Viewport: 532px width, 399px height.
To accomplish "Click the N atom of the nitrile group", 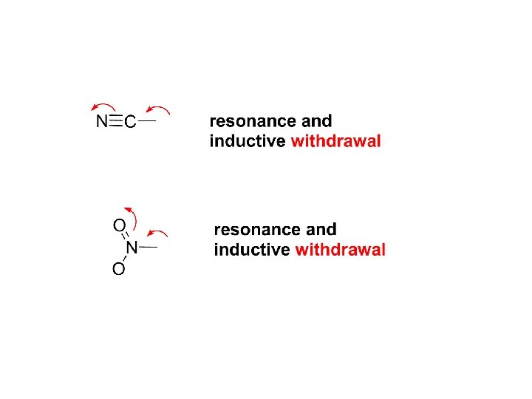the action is pyautogui.click(x=101, y=122).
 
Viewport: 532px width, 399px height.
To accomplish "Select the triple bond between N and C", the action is pyautogui.click(x=115, y=121).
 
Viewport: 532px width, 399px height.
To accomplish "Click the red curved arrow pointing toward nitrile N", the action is pyautogui.click(x=103, y=106).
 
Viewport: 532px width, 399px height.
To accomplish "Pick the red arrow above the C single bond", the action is pyautogui.click(x=158, y=109).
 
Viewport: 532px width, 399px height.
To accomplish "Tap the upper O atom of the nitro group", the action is pyautogui.click(x=118, y=224).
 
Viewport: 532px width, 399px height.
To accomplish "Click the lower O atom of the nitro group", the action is pyautogui.click(x=118, y=270).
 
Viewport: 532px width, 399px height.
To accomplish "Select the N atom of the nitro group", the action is pyautogui.click(x=132, y=247).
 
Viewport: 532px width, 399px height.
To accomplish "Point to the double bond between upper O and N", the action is pyautogui.click(x=126, y=236).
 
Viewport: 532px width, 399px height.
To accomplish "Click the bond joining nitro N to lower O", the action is pyautogui.click(x=126, y=259).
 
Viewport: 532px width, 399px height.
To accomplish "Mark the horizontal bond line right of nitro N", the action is pyautogui.click(x=149, y=246).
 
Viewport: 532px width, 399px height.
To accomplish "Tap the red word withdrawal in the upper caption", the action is pyautogui.click(x=336, y=141).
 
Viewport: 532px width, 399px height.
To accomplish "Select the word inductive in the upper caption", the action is pyautogui.click(x=248, y=141).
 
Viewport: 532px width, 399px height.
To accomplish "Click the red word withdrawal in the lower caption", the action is pyautogui.click(x=341, y=250).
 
